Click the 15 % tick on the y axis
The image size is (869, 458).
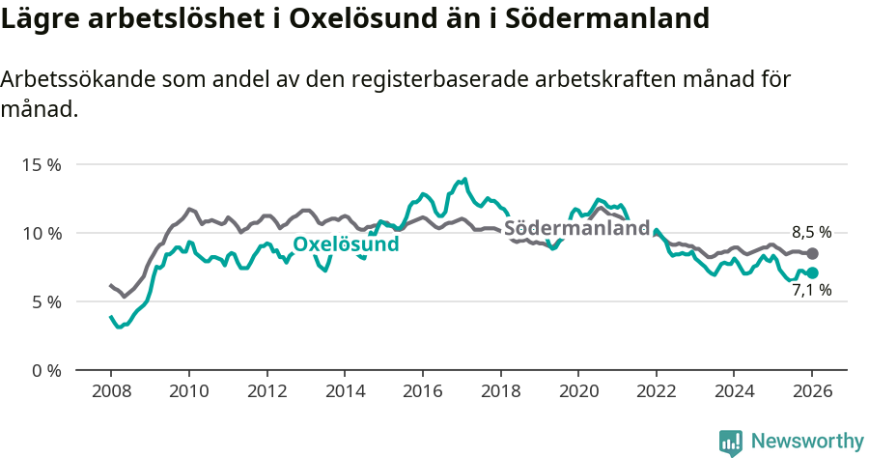click(x=41, y=165)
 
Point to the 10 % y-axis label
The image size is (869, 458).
click(x=41, y=234)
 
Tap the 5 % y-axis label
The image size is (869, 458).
click(x=44, y=302)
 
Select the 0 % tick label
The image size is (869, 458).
click(x=44, y=371)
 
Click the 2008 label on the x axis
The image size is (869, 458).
click(x=111, y=392)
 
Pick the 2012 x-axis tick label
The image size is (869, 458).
click(x=266, y=392)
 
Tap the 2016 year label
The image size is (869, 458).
click(x=422, y=392)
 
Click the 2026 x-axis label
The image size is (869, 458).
click(x=812, y=392)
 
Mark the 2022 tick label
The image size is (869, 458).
click(x=657, y=392)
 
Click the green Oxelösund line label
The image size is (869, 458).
click(x=346, y=244)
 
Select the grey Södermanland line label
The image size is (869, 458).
click(x=577, y=229)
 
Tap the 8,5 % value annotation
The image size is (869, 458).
click(x=811, y=233)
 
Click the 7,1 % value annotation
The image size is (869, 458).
click(x=811, y=290)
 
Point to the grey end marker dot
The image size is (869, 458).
click(x=812, y=253)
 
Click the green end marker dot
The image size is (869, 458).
click(x=812, y=273)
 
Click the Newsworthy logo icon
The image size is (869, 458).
click(x=731, y=442)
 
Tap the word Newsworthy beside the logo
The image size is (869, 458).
click(x=807, y=442)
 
